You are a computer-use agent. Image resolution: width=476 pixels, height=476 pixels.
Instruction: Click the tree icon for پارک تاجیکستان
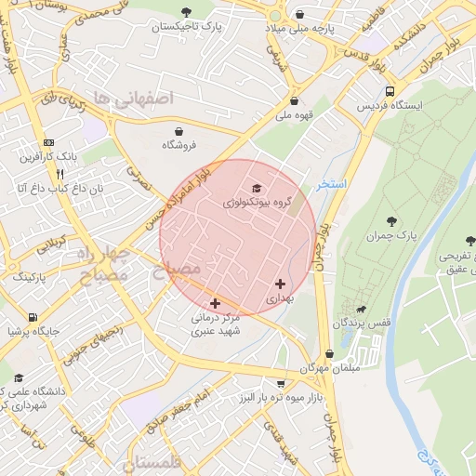186,12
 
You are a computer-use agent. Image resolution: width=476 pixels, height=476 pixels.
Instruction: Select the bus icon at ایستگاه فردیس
390,92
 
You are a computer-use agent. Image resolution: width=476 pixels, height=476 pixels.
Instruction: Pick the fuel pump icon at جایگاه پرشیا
33,316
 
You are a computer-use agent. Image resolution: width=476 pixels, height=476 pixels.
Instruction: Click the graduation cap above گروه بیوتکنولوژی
257,189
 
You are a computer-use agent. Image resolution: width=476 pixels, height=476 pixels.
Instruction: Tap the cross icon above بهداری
280,284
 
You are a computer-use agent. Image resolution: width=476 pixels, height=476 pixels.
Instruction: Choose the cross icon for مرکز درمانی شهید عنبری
216,302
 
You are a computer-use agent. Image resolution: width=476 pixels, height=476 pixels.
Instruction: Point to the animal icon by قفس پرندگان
361,309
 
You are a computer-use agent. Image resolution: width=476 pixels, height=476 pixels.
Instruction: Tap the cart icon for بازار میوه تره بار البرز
281,383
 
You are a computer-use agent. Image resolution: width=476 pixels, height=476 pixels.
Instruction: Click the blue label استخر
331,184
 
